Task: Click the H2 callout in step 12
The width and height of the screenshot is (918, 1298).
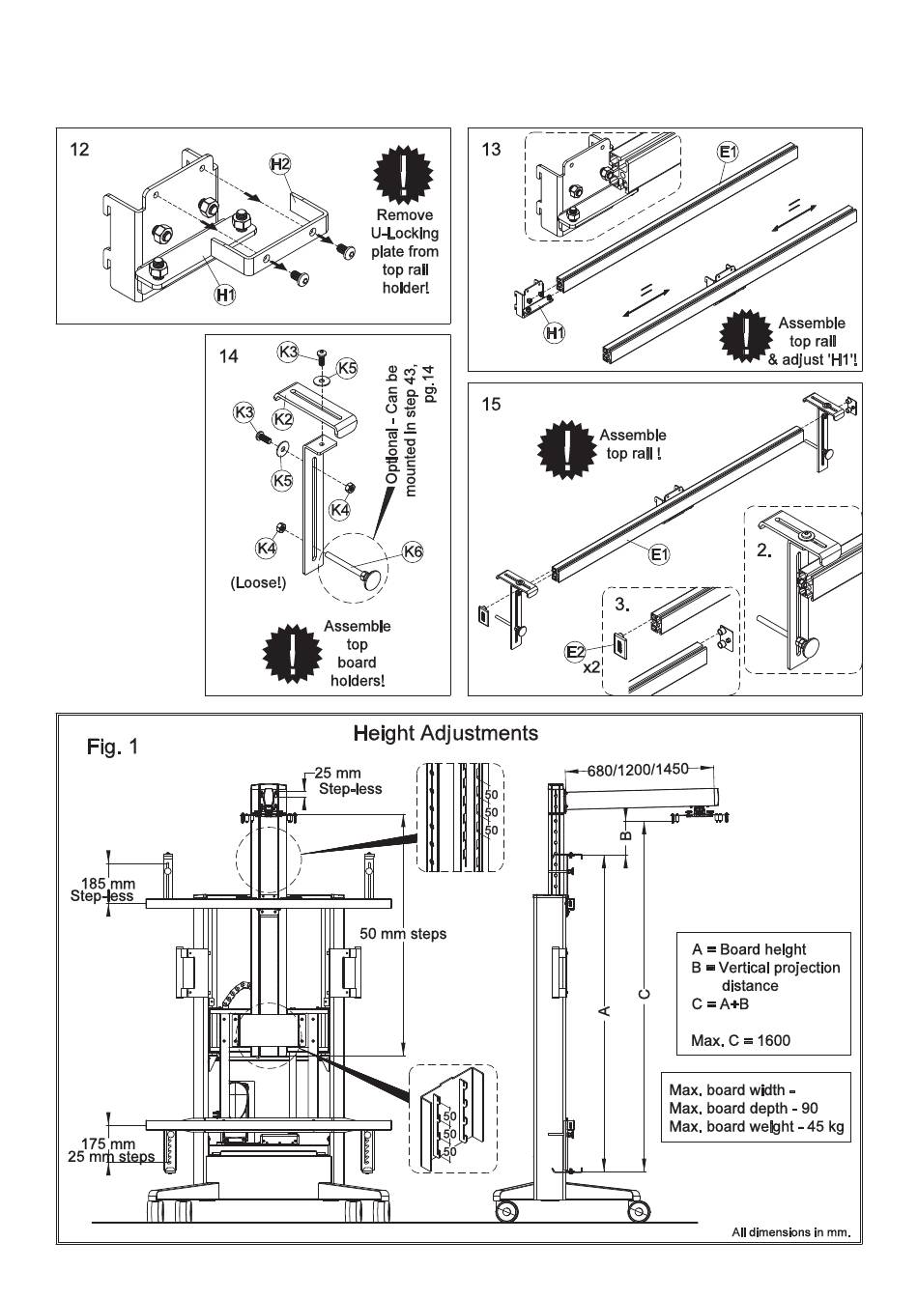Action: point(280,164)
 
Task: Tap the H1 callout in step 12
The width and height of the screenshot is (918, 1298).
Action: point(225,294)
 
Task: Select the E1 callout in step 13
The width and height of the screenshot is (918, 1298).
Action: point(728,152)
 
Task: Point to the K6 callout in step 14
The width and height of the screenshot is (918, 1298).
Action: point(413,551)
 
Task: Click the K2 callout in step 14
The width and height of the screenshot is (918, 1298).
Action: point(282,418)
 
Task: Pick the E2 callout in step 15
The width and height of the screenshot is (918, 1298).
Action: point(576,652)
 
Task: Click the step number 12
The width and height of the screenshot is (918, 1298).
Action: point(80,150)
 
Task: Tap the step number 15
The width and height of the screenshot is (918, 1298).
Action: point(492,404)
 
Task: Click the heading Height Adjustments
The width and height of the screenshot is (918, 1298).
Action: point(445,733)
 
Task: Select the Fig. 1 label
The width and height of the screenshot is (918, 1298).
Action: point(113,747)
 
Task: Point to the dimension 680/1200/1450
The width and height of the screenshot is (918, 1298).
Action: point(638,770)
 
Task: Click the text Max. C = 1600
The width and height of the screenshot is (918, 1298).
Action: point(740,1040)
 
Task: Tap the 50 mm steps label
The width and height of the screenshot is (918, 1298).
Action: point(403,934)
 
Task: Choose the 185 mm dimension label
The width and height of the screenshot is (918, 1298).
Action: point(107,883)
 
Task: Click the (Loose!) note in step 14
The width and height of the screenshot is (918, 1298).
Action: point(258,583)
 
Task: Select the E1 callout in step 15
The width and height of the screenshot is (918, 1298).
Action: point(660,554)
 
